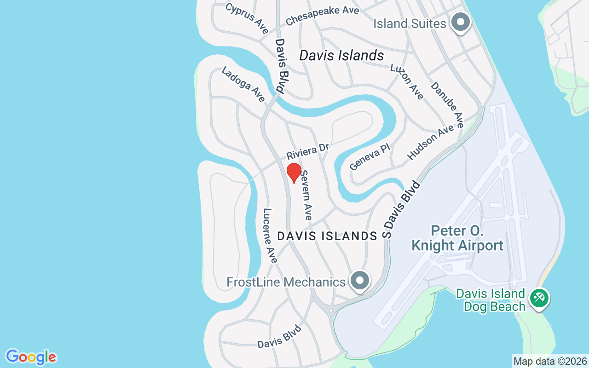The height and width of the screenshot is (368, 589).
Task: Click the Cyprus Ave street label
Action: pyautogui.click(x=247, y=18)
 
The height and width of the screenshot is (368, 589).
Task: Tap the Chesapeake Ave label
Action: pyautogui.click(x=322, y=16)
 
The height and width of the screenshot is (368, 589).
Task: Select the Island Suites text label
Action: pyautogui.click(x=410, y=23)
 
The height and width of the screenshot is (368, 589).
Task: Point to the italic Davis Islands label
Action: pyautogui.click(x=341, y=56)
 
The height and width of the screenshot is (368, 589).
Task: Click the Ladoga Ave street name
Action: pyautogui.click(x=243, y=85)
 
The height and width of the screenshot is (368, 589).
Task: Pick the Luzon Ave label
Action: pyautogui.click(x=407, y=81)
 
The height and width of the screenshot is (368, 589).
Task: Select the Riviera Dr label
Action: pyautogui.click(x=308, y=150)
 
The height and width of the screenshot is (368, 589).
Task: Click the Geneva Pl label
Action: pyautogui.click(x=370, y=156)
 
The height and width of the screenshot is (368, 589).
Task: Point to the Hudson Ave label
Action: pyautogui.click(x=431, y=143)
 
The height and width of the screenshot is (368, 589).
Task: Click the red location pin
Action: pyautogui.click(x=294, y=172)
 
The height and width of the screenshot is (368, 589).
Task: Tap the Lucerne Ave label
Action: pyautogui.click(x=270, y=236)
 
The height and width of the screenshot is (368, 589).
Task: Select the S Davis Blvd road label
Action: pyautogui.click(x=402, y=210)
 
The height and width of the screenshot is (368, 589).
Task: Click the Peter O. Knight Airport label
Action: pyautogui.click(x=457, y=238)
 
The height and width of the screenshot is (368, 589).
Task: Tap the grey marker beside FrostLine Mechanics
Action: pyautogui.click(x=359, y=280)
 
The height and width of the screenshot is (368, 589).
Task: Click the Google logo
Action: pyautogui.click(x=31, y=357)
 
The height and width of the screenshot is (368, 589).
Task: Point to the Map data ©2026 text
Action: pyautogui.click(x=550, y=362)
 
